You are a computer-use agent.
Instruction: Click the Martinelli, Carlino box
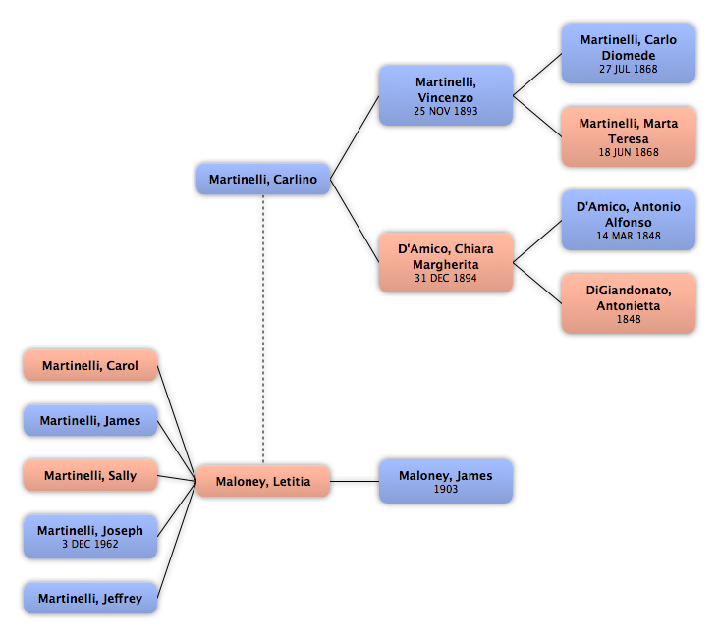(x=263, y=179)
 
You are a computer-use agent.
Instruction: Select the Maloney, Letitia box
(x=263, y=481)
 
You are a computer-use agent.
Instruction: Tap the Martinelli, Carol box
(x=90, y=365)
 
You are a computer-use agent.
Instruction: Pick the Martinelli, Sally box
(x=90, y=475)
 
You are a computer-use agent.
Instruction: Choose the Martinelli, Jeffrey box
(x=90, y=598)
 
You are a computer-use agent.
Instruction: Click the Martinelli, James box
(x=90, y=420)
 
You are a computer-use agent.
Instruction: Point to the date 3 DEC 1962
(x=90, y=544)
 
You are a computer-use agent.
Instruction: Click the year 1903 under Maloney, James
(x=446, y=489)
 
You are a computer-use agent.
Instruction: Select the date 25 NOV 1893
(x=446, y=111)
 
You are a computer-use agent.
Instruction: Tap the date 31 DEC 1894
(x=446, y=278)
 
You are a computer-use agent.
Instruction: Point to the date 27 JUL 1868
(x=629, y=69)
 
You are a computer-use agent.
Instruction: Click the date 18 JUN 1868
(x=629, y=152)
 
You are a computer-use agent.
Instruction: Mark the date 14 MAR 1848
(x=629, y=236)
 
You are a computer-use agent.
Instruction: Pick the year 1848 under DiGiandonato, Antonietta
(x=629, y=319)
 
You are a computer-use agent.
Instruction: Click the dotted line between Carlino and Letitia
(x=263, y=330)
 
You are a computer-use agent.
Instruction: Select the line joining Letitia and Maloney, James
(x=355, y=481)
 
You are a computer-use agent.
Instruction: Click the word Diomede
(x=629, y=55)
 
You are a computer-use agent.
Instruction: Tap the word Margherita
(x=446, y=265)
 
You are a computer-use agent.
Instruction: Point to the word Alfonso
(x=629, y=222)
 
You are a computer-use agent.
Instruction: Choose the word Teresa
(x=629, y=138)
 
